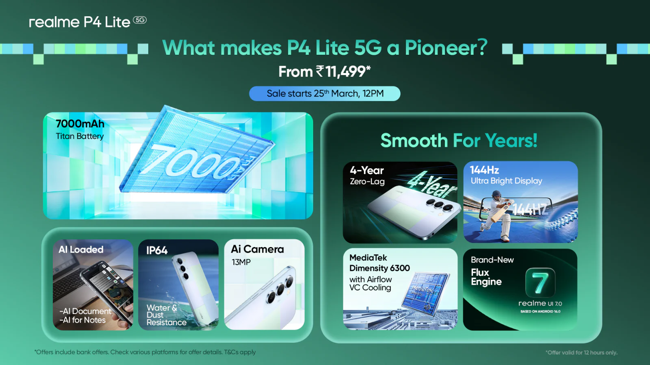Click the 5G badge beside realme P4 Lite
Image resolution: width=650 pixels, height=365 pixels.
click(140, 20)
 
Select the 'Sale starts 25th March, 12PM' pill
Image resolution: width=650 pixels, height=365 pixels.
click(325, 94)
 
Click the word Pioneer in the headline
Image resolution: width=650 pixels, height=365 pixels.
click(446, 48)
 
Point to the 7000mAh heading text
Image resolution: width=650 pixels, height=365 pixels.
click(80, 124)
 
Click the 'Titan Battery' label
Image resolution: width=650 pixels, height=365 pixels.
click(80, 136)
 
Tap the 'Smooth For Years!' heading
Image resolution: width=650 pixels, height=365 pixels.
click(459, 141)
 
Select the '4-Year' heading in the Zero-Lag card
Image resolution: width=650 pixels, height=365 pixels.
click(367, 170)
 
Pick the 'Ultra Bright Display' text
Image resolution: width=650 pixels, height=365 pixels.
click(506, 181)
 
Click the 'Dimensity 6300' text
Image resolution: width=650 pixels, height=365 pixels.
click(379, 268)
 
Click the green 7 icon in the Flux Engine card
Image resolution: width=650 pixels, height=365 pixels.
click(540, 282)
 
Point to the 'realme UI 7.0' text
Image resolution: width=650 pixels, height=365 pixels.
click(540, 303)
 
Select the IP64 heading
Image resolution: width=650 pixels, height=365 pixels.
click(157, 251)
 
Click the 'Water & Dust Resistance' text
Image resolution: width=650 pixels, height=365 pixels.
click(166, 315)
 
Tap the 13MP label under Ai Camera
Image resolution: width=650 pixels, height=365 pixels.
click(241, 262)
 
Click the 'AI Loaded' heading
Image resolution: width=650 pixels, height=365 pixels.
click(81, 250)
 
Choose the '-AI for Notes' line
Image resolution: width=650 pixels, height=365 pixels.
click(82, 320)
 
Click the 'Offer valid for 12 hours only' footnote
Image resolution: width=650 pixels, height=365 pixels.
click(581, 352)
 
